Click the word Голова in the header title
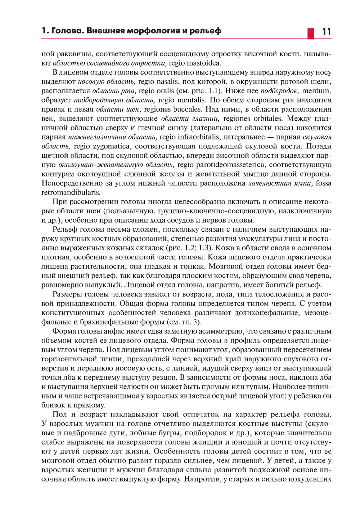coord(67,31)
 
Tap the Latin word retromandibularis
coord(71,193)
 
